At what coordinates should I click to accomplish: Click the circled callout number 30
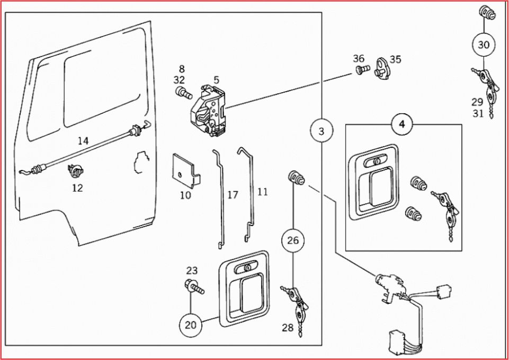pyautogui.click(x=484, y=45)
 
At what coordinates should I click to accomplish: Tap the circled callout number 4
pyautogui.click(x=402, y=124)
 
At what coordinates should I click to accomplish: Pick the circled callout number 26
pyautogui.click(x=293, y=241)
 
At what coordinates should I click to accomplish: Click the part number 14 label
pyautogui.click(x=83, y=141)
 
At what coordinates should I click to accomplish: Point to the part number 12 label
pyautogui.click(x=77, y=187)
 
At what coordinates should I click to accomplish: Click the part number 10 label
pyautogui.click(x=185, y=195)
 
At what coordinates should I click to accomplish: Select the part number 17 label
pyautogui.click(x=233, y=195)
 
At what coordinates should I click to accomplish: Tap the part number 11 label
pyautogui.click(x=263, y=191)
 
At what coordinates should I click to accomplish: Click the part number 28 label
pyautogui.click(x=287, y=328)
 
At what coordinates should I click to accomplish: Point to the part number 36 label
pyautogui.click(x=359, y=58)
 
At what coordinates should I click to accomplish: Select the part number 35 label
pyautogui.click(x=396, y=59)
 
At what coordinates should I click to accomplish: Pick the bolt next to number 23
pyautogui.click(x=194, y=287)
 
